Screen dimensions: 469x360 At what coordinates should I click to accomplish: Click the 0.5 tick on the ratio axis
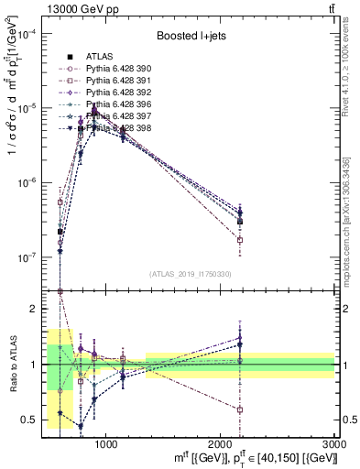(x=31, y=420)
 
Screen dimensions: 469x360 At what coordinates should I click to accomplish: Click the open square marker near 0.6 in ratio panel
(x=240, y=409)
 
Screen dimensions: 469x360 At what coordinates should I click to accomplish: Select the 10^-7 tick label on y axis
(x=30, y=258)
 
